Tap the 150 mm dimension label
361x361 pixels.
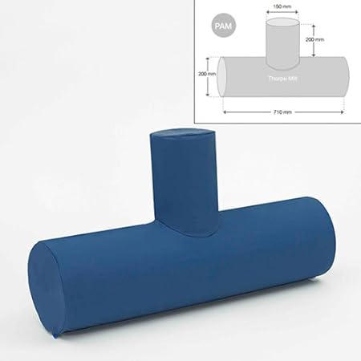tap(281, 6)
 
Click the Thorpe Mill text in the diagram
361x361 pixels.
tap(282, 79)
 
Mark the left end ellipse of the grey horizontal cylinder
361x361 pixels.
tap(228, 79)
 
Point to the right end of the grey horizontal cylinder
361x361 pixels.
tap(345, 79)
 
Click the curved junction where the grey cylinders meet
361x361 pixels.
tap(282, 64)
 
